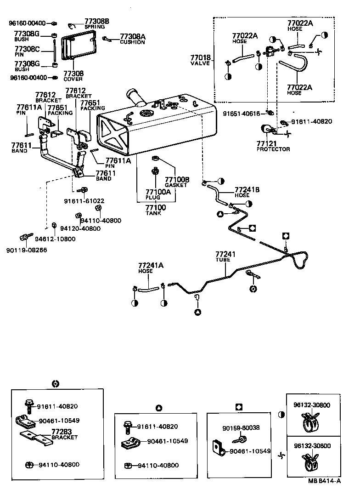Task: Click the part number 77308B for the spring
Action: [96, 21]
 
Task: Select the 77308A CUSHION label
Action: [132, 39]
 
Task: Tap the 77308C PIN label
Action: [27, 51]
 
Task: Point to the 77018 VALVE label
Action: [200, 60]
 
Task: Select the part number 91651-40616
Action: [242, 113]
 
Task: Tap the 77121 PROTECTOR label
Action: [273, 146]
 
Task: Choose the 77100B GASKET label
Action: [176, 182]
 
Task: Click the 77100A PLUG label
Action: [158, 194]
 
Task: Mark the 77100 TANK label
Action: [156, 211]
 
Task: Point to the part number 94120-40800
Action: [80, 228]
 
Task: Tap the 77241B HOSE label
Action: [247, 192]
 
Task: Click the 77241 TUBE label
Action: [225, 256]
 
